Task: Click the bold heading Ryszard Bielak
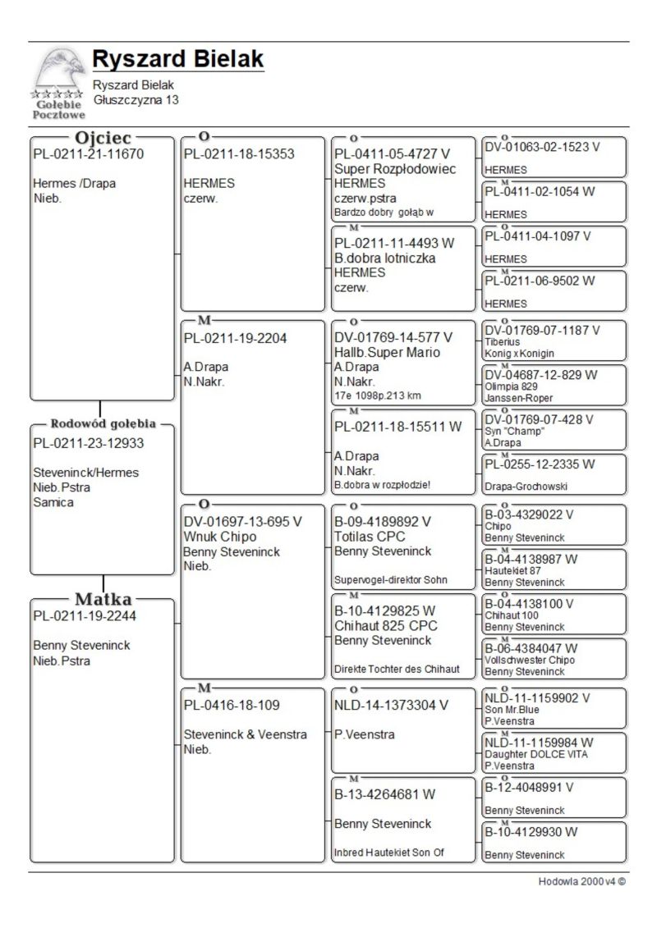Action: [x=178, y=60]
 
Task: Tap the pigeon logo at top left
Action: [x=58, y=82]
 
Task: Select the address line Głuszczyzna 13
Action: [x=136, y=99]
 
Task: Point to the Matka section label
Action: [x=103, y=599]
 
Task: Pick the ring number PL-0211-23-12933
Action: [x=88, y=444]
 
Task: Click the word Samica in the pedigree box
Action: [x=53, y=502]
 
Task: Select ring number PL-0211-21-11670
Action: [x=88, y=153]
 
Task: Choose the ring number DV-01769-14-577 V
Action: [x=393, y=337]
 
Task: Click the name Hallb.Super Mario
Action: [x=388, y=352]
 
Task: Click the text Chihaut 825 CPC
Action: [x=386, y=626]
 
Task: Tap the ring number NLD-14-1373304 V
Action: [x=392, y=705]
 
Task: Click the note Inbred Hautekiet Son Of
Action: [x=388, y=853]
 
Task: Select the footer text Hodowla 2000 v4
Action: [x=581, y=882]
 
